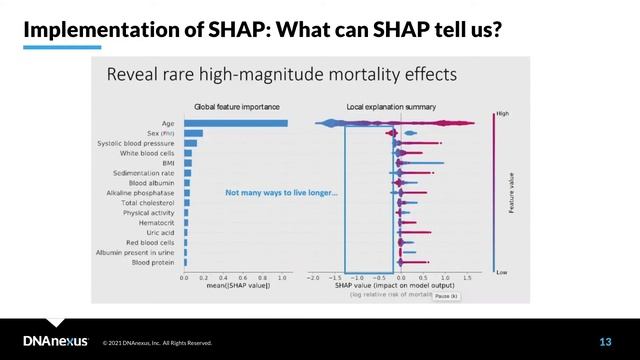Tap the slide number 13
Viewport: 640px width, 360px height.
pos(604,342)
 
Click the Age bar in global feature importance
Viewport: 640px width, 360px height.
pos(236,124)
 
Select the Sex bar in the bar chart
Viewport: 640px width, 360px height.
pos(193,133)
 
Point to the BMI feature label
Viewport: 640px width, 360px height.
pos(167,163)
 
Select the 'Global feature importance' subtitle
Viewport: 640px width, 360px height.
pos(236,106)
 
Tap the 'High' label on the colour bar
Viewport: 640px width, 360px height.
pos(502,114)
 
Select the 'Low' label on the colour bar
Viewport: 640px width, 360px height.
pos(501,271)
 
